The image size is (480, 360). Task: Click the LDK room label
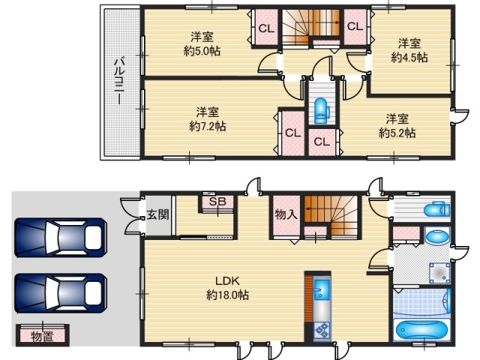point(227,280)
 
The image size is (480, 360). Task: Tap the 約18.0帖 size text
point(227,295)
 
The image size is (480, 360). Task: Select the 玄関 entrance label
point(157,214)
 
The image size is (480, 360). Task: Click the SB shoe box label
point(217,202)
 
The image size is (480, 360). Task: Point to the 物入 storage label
point(286,214)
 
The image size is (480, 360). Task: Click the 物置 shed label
point(43,337)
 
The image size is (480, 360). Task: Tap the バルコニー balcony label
point(119,82)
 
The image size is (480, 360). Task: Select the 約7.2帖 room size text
point(208,126)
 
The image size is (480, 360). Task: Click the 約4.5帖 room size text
point(409,57)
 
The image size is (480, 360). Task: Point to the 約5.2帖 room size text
point(397,133)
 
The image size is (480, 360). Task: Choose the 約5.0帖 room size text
point(202,51)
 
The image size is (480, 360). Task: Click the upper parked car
point(61,238)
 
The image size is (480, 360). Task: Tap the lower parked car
point(61,293)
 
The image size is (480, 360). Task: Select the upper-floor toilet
point(322,110)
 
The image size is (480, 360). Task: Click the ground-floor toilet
point(436,210)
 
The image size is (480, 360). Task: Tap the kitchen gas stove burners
point(322,331)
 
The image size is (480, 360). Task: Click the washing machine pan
point(439,273)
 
